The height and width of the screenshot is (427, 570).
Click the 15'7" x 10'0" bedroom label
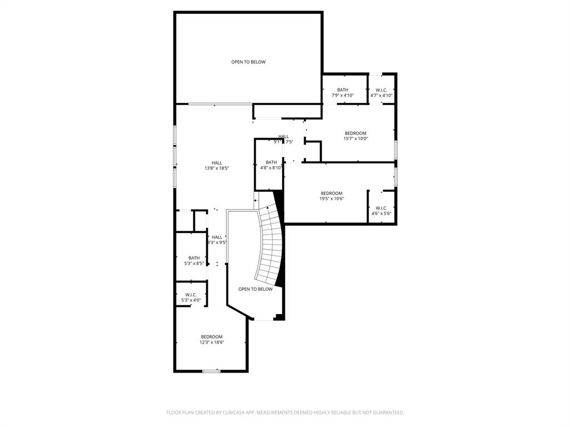click(355, 136)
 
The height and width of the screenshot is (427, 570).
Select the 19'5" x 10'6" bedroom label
click(331, 196)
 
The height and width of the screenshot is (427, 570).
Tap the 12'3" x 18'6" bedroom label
click(212, 340)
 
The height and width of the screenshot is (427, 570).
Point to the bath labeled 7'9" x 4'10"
click(342, 92)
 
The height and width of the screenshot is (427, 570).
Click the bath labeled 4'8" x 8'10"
click(271, 165)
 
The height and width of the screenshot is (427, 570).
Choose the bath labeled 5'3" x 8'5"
click(194, 260)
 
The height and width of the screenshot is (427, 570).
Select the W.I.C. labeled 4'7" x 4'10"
click(381, 92)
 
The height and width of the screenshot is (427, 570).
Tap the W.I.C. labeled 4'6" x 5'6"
click(381, 211)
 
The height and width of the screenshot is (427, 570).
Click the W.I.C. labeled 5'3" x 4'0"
click(191, 297)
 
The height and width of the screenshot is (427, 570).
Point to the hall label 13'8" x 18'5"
click(217, 165)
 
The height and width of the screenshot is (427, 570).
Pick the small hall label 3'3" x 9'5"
click(217, 240)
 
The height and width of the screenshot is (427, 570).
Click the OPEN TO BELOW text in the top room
click(248, 62)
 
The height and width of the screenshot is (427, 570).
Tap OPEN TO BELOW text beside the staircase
click(255, 289)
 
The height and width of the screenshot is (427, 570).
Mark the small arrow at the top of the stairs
click(256, 200)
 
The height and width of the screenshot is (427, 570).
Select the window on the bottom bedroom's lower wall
click(211, 371)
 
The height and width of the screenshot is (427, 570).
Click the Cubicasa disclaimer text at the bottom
click(285, 413)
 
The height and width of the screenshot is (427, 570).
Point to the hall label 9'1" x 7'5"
click(284, 139)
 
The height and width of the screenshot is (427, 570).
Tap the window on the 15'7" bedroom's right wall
click(396, 149)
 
